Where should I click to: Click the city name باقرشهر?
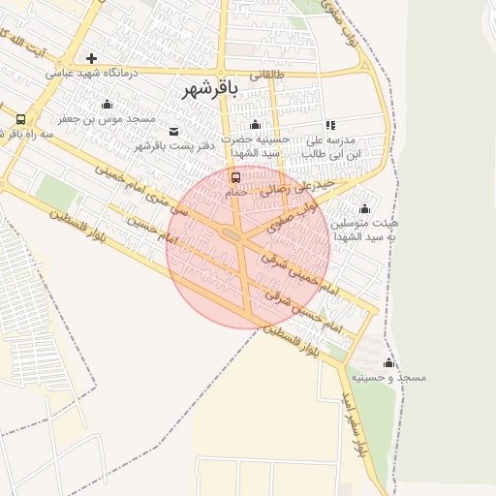(208, 89)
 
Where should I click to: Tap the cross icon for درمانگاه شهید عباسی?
(92, 58)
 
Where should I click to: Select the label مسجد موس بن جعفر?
(107, 118)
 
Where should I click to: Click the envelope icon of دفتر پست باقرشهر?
(173, 131)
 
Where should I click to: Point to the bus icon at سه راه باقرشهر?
(20, 119)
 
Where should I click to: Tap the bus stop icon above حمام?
(235, 177)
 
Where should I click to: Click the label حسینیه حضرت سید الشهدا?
(256, 146)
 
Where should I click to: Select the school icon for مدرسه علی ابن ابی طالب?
(331, 125)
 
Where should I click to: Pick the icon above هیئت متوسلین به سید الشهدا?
(365, 208)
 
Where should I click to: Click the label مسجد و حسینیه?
(388, 377)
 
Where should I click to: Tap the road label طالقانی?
(269, 74)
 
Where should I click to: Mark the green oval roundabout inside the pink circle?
(232, 234)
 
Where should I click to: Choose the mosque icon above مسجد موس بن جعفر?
(107, 104)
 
